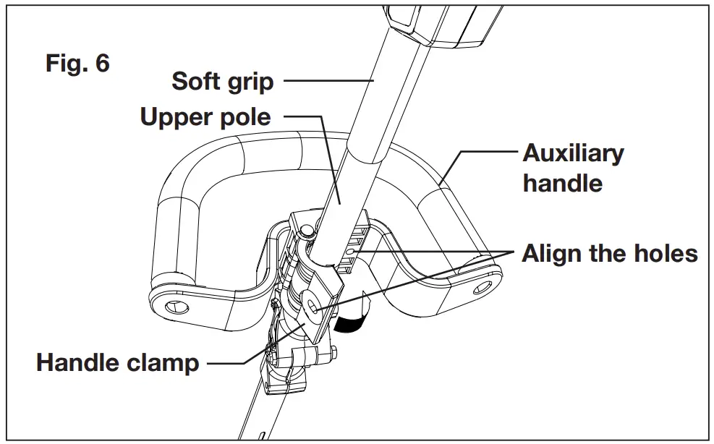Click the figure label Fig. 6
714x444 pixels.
tap(78, 63)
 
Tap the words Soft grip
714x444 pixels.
tap(222, 81)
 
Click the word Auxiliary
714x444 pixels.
tap(573, 153)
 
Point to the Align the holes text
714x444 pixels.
tap(610, 254)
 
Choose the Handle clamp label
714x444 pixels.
tap(118, 361)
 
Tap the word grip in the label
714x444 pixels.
tap(250, 81)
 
